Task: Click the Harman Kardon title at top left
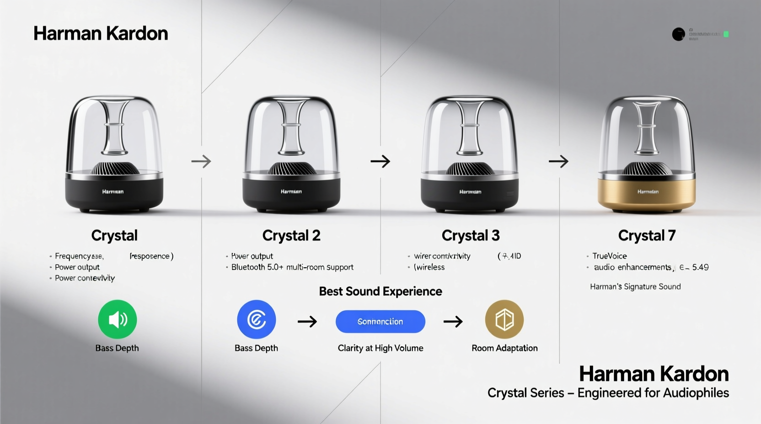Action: click(101, 33)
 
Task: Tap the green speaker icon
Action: click(117, 319)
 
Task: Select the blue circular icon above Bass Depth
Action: click(256, 319)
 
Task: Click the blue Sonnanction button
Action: click(380, 322)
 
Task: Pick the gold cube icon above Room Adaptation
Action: click(504, 319)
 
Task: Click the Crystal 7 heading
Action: click(647, 235)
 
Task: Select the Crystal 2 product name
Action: click(291, 235)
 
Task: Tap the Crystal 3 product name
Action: click(471, 235)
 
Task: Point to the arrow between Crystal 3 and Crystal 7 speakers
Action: click(558, 161)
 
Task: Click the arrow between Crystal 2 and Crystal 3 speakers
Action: click(380, 161)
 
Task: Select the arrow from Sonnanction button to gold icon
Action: click(453, 322)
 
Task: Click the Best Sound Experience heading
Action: click(380, 291)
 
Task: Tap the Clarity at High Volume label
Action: click(380, 348)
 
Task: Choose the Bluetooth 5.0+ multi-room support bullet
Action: click(292, 267)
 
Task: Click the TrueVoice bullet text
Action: click(610, 256)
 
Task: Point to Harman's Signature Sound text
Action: click(635, 286)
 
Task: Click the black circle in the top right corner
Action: click(678, 34)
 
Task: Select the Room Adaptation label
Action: click(504, 348)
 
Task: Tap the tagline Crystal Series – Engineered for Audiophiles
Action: click(608, 393)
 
